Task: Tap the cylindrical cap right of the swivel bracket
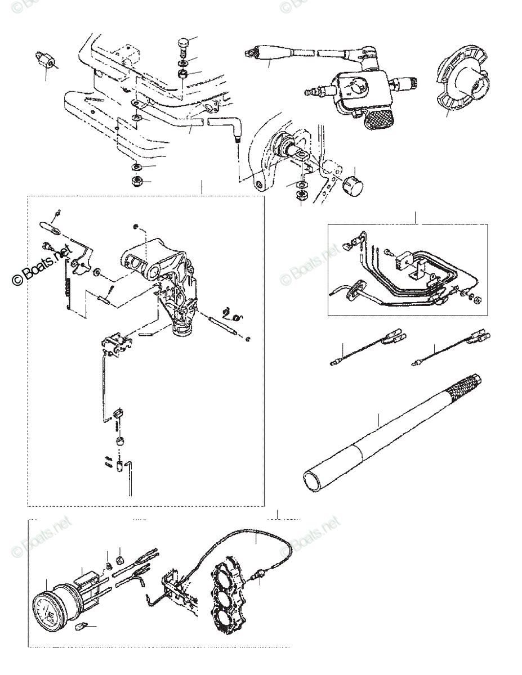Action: pos(354,184)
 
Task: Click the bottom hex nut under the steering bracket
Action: pos(137,181)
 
